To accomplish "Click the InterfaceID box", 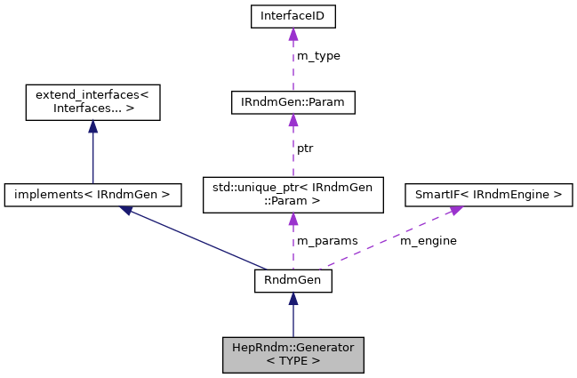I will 293,16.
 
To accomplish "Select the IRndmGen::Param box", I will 293,103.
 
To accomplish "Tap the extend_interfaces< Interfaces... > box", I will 92,103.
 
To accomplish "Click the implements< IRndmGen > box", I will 92,193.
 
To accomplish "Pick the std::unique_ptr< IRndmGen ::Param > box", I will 293,193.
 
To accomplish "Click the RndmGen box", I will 293,281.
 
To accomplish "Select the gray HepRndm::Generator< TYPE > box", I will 293,354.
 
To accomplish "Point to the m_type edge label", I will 318,56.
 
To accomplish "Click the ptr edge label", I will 305,148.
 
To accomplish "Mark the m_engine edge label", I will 429,240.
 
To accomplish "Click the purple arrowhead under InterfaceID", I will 293,34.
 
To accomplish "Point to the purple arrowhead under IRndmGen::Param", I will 293,122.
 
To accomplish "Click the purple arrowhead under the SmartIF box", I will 455,209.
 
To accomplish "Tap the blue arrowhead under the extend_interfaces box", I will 92,127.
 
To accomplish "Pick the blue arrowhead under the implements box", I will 127,210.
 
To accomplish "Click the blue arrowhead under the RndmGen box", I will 293,299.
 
